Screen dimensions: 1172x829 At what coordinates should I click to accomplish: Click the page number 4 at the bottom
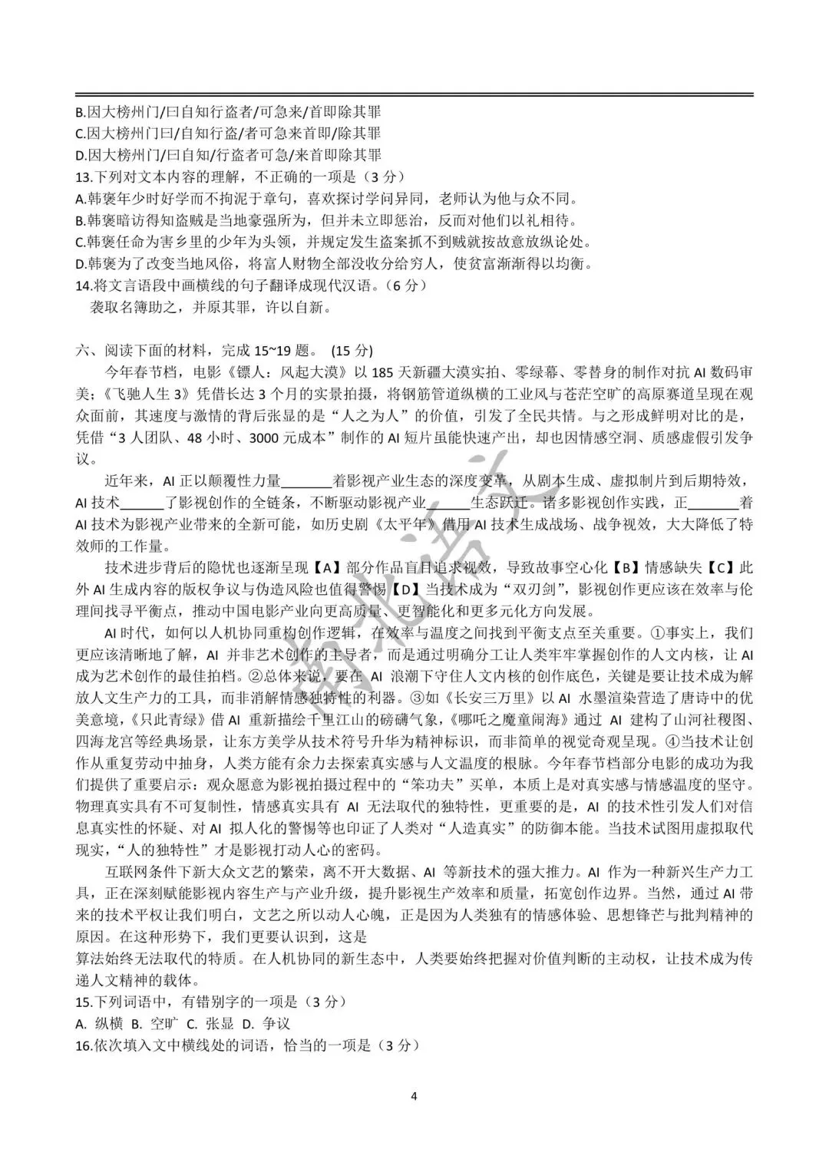click(414, 1095)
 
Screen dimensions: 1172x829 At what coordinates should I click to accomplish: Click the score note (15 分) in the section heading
click(350, 351)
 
